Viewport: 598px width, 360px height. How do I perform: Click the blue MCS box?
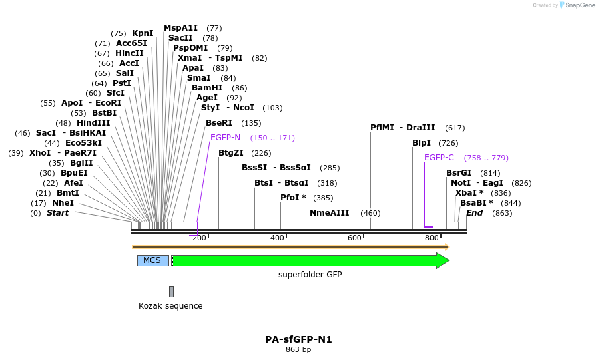[x=152, y=260]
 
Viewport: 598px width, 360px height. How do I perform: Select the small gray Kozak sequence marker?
[x=171, y=291]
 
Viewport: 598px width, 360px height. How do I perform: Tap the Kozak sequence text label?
[x=170, y=306]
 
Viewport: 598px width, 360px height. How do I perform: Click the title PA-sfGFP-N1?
[x=298, y=339]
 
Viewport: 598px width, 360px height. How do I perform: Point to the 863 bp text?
[x=298, y=349]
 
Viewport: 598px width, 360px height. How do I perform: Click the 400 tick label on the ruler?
[x=277, y=238]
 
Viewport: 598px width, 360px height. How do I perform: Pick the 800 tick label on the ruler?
[x=432, y=238]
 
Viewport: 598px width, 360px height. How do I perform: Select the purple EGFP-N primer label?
[x=225, y=138]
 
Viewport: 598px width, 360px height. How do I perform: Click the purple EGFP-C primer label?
[x=439, y=158]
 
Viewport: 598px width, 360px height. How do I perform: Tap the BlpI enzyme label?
[x=422, y=143]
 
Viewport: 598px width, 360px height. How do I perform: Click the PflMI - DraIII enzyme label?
[x=402, y=128]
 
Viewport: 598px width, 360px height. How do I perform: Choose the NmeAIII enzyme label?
[x=329, y=213]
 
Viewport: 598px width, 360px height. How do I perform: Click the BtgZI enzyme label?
[x=231, y=153]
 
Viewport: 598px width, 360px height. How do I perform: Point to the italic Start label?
[x=57, y=213]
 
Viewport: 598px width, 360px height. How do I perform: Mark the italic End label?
[x=475, y=213]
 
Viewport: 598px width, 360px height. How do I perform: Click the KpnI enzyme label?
[x=143, y=33]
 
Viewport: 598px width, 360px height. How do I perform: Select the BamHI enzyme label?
[x=207, y=88]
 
